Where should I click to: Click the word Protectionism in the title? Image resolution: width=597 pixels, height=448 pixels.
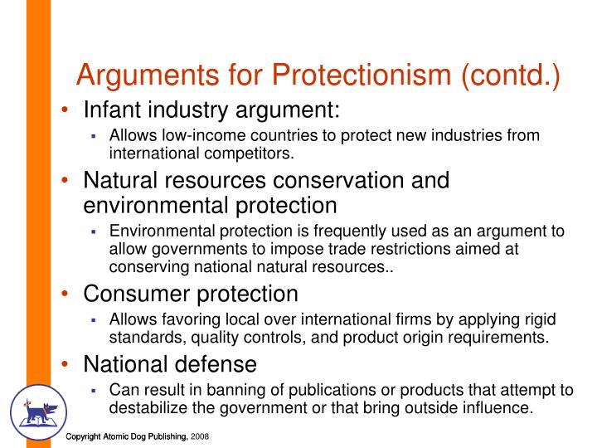tap(362, 75)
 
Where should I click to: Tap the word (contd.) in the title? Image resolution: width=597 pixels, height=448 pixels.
tap(511, 75)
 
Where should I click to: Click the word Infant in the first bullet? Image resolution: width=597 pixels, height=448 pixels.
tap(112, 110)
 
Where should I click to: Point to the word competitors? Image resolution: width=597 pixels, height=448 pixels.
tap(249, 153)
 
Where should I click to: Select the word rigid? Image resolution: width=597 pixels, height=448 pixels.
tap(541, 320)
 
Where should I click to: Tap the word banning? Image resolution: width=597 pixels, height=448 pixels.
tap(238, 391)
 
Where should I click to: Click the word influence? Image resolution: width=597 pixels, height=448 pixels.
tap(498, 408)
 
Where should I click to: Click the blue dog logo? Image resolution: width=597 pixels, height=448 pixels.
tap(39, 412)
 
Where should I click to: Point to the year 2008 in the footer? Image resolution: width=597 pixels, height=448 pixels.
tap(200, 436)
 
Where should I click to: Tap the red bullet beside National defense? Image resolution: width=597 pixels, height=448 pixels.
tap(65, 364)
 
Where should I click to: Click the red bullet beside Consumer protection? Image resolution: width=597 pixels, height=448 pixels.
tap(65, 294)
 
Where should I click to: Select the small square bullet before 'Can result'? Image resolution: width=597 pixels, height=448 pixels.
tap(94, 391)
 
